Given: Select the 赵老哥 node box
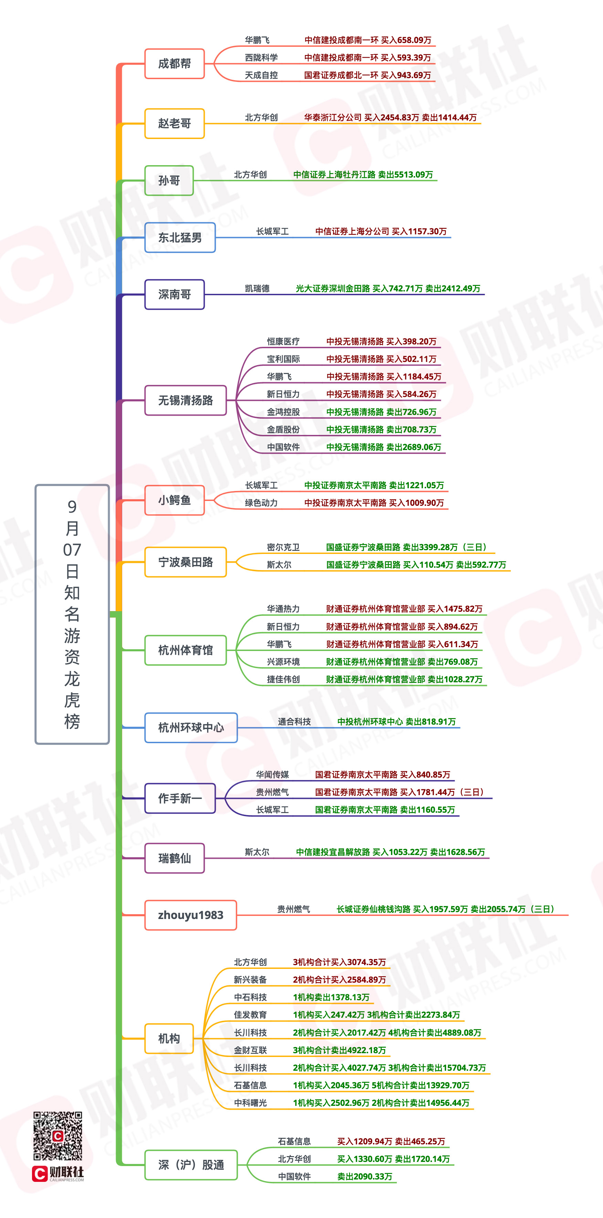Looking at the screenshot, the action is [174, 124].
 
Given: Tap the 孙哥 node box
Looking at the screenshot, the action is [169, 181].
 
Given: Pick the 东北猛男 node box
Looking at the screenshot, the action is [180, 237].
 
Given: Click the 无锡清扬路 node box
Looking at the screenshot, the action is [186, 400].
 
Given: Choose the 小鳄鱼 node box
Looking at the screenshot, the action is [174, 500].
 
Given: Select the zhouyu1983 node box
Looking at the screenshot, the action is [191, 915].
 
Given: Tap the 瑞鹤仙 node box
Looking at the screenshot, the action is [174, 858].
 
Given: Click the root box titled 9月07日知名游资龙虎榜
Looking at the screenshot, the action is [72, 614].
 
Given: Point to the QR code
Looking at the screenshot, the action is [58, 1136].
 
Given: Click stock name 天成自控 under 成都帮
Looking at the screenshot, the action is [261, 75].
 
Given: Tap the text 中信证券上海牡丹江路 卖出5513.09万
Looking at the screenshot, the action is [363, 175].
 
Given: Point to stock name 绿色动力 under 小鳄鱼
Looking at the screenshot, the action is [261, 503].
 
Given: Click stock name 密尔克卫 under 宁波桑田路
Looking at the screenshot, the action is [283, 547].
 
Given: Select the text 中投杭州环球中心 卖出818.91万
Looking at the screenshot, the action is [396, 722].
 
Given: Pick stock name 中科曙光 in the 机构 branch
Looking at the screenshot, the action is [250, 1103].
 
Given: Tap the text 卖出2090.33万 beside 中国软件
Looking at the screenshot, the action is [364, 1177].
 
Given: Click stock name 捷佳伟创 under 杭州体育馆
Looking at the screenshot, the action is [283, 680].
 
